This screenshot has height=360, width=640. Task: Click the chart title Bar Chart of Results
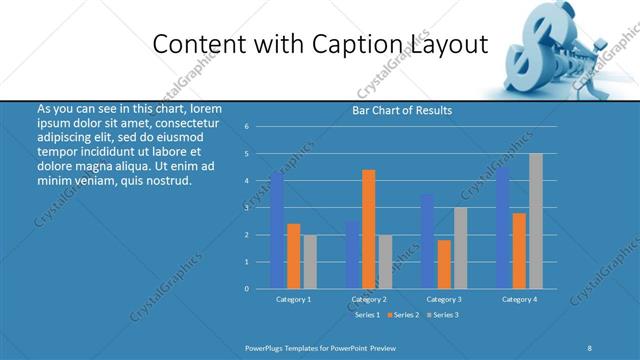click(401, 110)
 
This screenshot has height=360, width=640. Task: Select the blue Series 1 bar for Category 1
click(277, 230)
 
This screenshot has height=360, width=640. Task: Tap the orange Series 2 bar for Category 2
click(368, 229)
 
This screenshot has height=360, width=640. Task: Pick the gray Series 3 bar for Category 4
click(535, 221)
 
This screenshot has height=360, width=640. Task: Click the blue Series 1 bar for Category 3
click(427, 241)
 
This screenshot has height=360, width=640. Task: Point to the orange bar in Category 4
click(519, 250)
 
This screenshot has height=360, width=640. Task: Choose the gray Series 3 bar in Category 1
click(310, 261)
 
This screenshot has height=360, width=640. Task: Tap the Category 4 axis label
click(519, 299)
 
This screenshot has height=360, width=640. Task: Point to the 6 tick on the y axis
click(246, 127)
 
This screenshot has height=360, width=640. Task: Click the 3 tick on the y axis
click(246, 208)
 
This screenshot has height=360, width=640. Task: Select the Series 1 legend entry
click(366, 315)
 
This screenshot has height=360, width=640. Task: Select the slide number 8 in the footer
click(589, 346)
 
